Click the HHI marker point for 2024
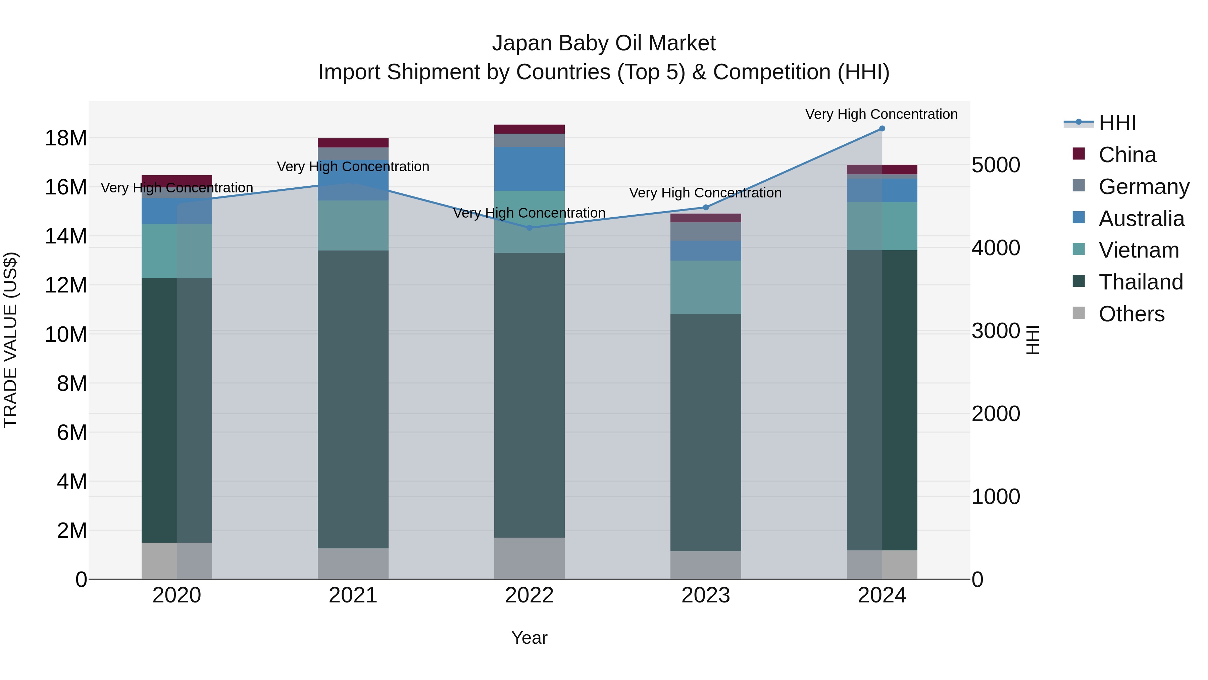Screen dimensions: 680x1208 tap(882, 129)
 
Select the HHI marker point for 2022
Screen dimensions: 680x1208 tap(530, 228)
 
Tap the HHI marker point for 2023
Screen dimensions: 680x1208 tap(706, 208)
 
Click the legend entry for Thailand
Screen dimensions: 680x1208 tap(1141, 282)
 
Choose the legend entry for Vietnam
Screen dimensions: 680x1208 tap(1138, 250)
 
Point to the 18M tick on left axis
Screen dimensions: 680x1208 tap(66, 138)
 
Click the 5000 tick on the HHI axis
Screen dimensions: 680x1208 tap(996, 165)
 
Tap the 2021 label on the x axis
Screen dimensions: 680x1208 tap(353, 595)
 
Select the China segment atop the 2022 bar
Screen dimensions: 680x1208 tap(530, 129)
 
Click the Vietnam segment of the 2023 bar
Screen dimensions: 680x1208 tap(706, 287)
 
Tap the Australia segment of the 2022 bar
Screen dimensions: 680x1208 tap(530, 169)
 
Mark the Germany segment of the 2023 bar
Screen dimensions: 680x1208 tap(706, 231)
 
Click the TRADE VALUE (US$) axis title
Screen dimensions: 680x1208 tap(11, 340)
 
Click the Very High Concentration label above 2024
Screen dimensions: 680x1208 tap(881, 114)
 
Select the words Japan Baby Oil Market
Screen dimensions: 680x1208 tap(604, 43)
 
